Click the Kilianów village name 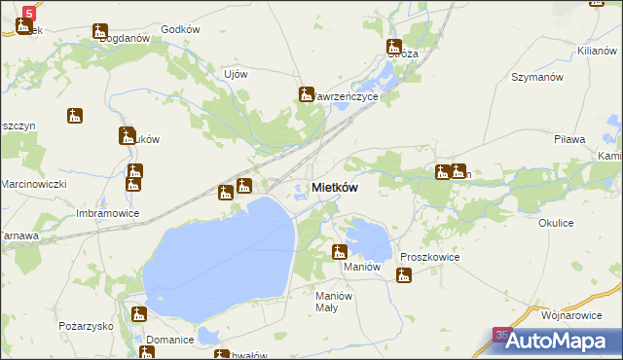(x=599, y=49)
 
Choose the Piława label (x=569, y=140)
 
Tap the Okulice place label (x=556, y=223)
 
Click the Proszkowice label (x=429, y=257)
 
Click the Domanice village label (x=165, y=339)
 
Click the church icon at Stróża (x=394, y=46)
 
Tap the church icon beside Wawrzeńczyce (x=304, y=94)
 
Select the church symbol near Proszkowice (x=404, y=275)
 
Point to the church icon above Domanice (x=139, y=314)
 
